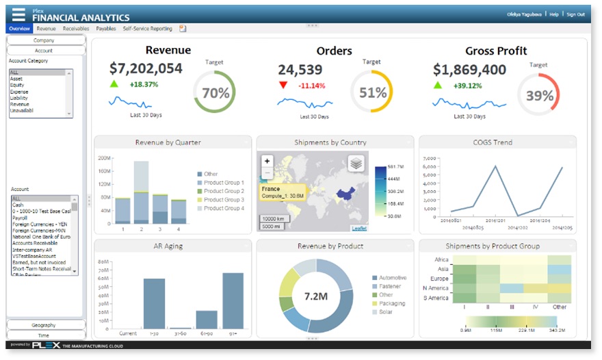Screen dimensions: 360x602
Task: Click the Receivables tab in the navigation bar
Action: pos(75,29)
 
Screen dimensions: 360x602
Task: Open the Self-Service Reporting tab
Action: pos(147,29)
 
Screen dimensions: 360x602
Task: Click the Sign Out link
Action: pos(575,14)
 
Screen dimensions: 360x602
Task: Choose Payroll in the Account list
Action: pos(20,218)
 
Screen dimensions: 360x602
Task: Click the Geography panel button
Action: pos(46,324)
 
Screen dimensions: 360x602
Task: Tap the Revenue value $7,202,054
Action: pos(146,68)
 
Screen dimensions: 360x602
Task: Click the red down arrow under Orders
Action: pos(283,85)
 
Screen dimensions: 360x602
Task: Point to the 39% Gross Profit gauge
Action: pos(538,95)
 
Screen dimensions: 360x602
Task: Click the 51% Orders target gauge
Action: pos(372,92)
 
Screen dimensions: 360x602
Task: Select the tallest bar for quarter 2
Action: pos(141,192)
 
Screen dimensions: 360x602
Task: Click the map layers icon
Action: pos(355,163)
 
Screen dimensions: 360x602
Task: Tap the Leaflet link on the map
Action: pos(358,228)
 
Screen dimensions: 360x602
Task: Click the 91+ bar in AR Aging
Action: pos(233,301)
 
